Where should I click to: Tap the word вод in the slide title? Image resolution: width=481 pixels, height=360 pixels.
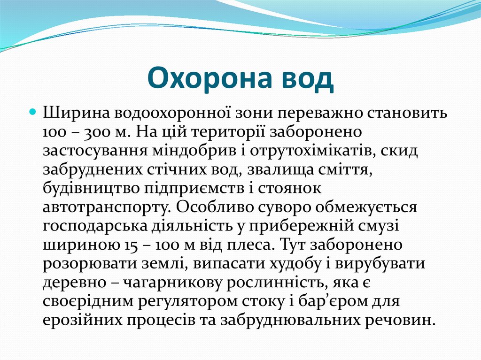(308, 79)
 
